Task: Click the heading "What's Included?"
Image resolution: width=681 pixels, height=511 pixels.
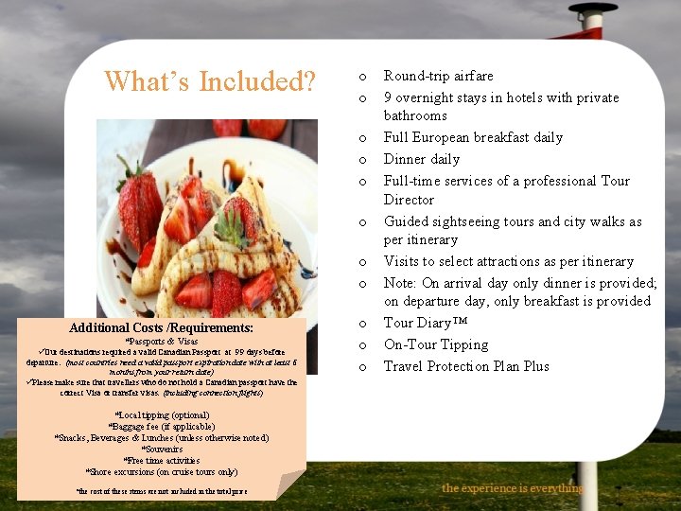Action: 210,81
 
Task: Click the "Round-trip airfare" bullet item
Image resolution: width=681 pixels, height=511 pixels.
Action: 438,76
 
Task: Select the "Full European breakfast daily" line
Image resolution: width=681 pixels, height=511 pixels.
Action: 472,137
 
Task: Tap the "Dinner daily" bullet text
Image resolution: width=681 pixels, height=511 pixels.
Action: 421,159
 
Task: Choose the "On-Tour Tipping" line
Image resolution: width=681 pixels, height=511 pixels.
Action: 435,344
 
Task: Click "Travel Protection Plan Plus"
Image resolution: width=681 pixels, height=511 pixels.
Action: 465,366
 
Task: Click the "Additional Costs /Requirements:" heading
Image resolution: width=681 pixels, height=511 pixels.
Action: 161,327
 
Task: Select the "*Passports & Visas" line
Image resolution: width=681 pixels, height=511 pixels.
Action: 162,342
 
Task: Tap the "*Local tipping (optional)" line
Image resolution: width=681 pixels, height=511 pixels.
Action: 162,415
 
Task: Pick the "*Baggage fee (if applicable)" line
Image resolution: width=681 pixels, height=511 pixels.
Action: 162,427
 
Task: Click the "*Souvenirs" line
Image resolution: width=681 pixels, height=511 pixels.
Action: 162,449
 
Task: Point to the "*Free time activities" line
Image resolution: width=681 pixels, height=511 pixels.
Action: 162,461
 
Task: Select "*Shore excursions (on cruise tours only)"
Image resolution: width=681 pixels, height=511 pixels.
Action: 162,472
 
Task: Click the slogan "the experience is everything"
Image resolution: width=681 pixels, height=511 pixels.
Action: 512,488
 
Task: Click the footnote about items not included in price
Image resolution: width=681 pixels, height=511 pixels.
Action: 161,491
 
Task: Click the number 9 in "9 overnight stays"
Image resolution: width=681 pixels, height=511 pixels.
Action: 388,97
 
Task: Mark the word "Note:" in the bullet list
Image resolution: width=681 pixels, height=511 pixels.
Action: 401,283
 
